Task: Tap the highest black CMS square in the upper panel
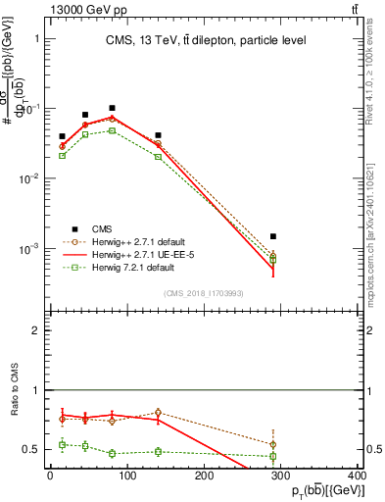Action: click(113, 108)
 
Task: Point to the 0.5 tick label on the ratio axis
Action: click(32, 450)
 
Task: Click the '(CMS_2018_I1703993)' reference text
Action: click(205, 292)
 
